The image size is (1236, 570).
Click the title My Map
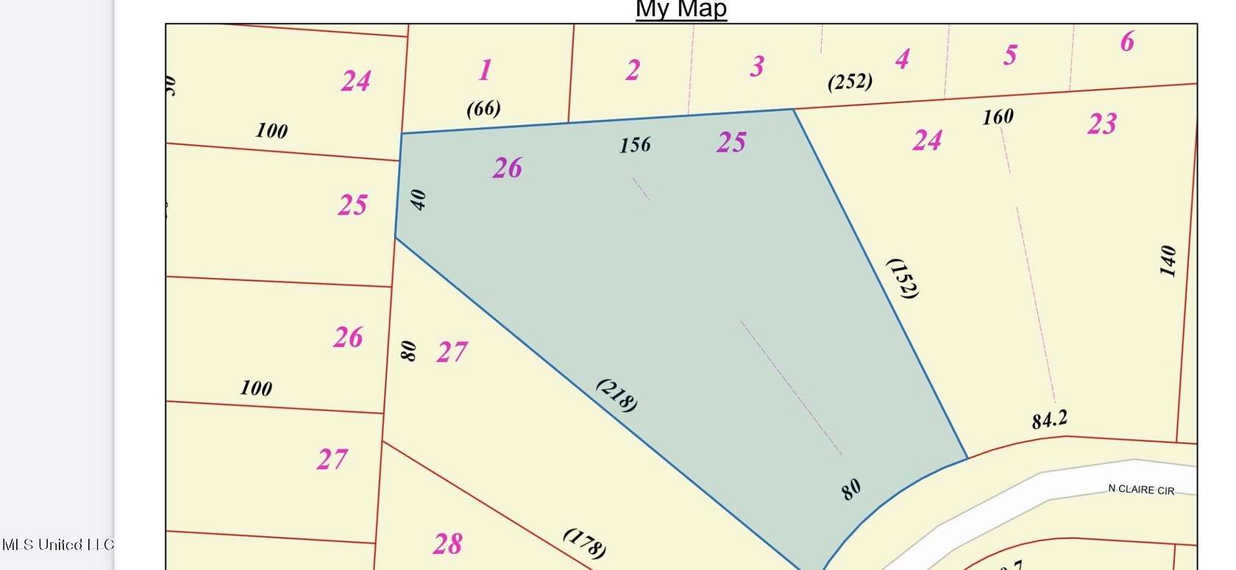(x=681, y=10)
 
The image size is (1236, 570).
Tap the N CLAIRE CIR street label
(x=1141, y=490)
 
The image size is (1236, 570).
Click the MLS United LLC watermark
(x=57, y=545)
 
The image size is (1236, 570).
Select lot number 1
(x=485, y=71)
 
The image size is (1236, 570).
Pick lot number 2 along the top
(x=633, y=71)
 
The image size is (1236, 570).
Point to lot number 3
(x=757, y=67)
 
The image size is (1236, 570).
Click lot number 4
(x=903, y=59)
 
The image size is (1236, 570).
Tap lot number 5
(x=1010, y=55)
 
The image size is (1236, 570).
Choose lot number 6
(x=1127, y=42)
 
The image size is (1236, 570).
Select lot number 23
(x=1102, y=124)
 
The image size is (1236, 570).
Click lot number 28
(x=447, y=544)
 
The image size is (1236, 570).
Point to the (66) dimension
(x=483, y=109)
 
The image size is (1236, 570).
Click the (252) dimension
(x=850, y=81)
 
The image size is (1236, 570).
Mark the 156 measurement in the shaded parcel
(x=635, y=145)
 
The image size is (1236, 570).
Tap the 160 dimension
(x=998, y=117)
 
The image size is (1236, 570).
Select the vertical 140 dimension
(x=1168, y=261)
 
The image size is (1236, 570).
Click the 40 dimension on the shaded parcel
(x=418, y=200)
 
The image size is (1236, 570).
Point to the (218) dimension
(x=617, y=395)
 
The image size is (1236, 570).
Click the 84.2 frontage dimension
(x=1049, y=420)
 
